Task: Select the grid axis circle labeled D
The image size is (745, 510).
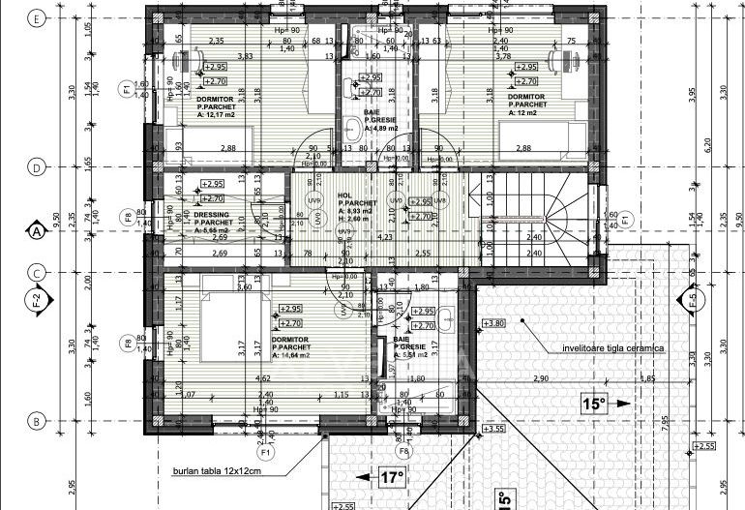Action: coord(37,167)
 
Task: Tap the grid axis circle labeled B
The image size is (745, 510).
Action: coord(37,421)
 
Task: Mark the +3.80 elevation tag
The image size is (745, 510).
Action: coord(493,323)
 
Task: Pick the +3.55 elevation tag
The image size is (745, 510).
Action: coord(493,428)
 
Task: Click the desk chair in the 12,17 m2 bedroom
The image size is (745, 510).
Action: coord(180,62)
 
